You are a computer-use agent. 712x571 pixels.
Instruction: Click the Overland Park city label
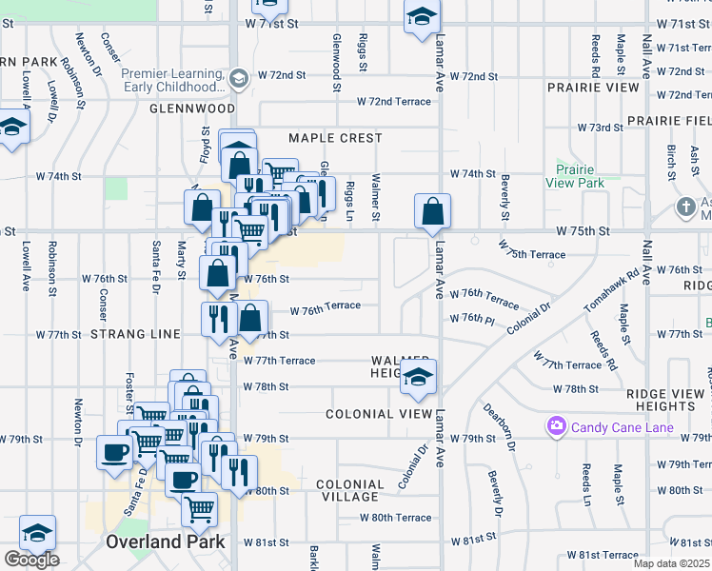pos(166,541)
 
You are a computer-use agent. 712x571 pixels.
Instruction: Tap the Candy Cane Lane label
pos(623,427)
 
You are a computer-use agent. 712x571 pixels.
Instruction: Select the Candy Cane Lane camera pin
pos(556,427)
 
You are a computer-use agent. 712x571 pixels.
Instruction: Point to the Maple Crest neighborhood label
pos(335,138)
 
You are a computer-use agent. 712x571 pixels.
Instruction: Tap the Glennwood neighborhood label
pos(185,109)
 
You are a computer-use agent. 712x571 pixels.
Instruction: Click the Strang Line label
pos(135,334)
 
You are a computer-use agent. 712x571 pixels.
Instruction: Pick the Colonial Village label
pos(350,490)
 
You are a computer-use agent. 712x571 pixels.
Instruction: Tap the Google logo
pos(31,560)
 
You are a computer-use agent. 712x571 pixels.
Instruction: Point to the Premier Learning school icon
pos(239,78)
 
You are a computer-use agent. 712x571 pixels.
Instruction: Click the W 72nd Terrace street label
pos(394,101)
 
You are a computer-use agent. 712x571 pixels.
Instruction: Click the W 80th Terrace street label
pos(395,518)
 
